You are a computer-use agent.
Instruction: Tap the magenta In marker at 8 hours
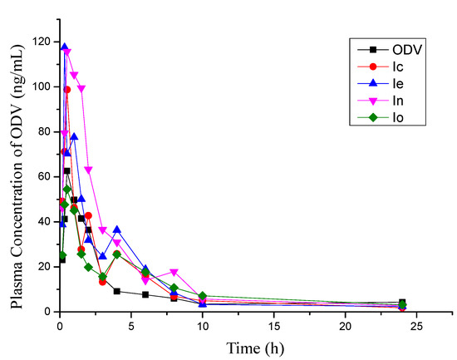[x=174, y=272]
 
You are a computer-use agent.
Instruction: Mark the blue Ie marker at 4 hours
[x=116, y=229]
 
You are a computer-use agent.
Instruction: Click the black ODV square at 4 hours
[x=116, y=291]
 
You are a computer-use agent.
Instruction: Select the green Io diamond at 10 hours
[x=202, y=296]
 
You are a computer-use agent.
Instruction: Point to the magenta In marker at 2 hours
[x=88, y=170]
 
